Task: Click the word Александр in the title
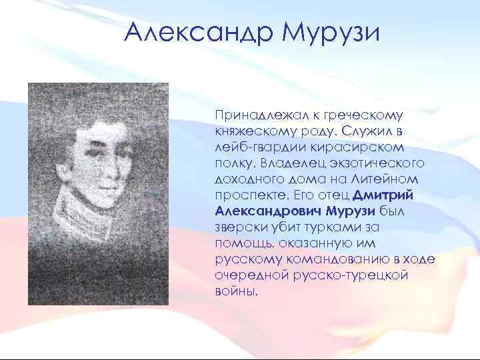(199, 32)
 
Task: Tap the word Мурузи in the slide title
(331, 32)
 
